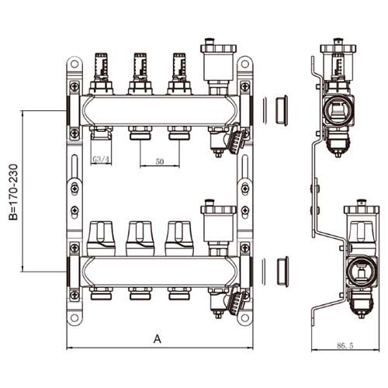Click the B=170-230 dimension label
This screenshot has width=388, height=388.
(13, 192)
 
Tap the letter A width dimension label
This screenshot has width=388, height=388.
(158, 339)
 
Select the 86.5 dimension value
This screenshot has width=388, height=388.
(345, 345)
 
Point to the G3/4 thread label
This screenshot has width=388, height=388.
(101, 160)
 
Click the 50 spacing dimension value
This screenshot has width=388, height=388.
(160, 161)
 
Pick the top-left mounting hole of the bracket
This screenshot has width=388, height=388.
(74, 64)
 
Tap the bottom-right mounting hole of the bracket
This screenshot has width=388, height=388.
(244, 317)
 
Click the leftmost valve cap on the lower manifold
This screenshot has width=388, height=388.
(101, 238)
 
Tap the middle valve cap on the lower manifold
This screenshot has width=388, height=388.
(140, 238)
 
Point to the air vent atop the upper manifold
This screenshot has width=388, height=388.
(219, 66)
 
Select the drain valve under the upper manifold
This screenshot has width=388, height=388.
(227, 140)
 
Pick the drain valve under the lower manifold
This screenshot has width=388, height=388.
(227, 301)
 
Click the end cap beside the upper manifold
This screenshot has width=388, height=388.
(281, 110)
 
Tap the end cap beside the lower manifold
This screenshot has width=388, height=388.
(282, 272)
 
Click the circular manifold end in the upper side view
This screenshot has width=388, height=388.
(338, 110)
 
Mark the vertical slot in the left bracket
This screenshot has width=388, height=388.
(74, 167)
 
